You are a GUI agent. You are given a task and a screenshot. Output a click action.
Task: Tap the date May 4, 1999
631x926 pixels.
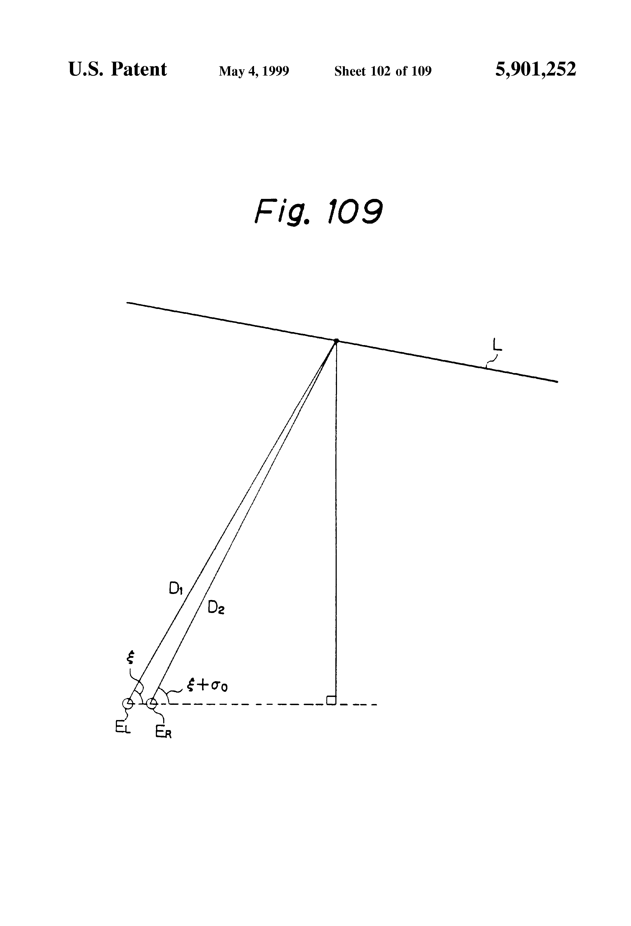pyautogui.click(x=254, y=71)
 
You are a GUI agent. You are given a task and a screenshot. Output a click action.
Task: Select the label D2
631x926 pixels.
pyautogui.click(x=216, y=607)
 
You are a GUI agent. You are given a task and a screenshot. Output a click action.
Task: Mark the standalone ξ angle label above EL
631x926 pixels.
pyautogui.click(x=129, y=658)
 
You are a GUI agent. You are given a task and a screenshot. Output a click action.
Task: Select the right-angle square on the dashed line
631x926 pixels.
pyautogui.click(x=331, y=700)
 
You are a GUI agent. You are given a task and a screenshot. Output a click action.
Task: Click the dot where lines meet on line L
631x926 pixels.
pyautogui.click(x=336, y=341)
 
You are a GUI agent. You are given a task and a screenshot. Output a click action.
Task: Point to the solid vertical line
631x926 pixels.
pyautogui.click(x=336, y=518)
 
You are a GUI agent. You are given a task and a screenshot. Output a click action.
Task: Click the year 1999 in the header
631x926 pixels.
pyautogui.click(x=276, y=71)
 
